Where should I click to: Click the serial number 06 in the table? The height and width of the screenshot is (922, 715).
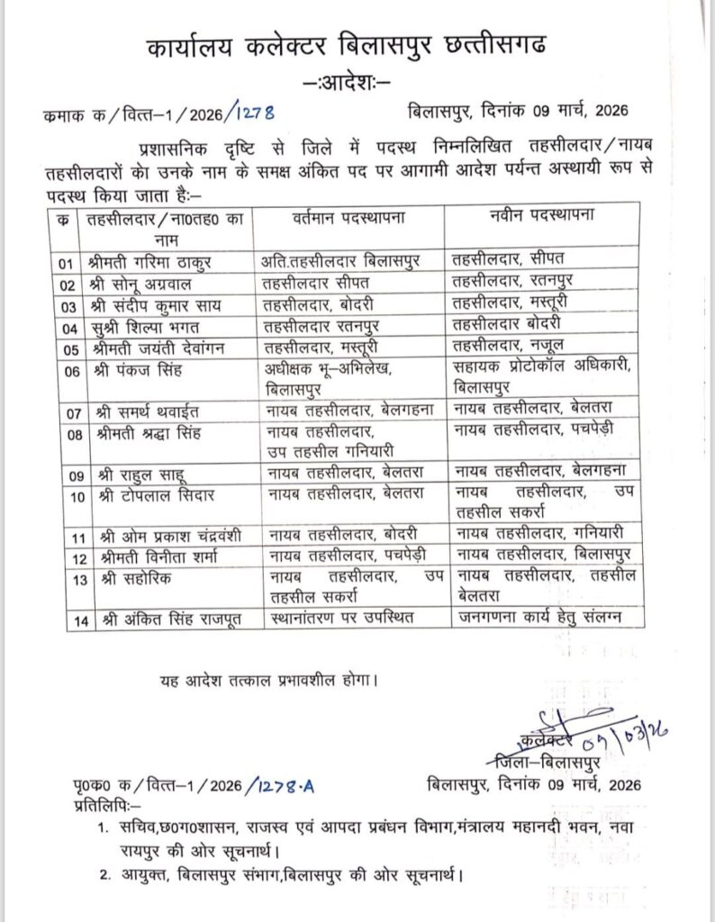click(x=62, y=368)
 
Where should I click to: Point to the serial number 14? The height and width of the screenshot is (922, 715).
click(x=62, y=619)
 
